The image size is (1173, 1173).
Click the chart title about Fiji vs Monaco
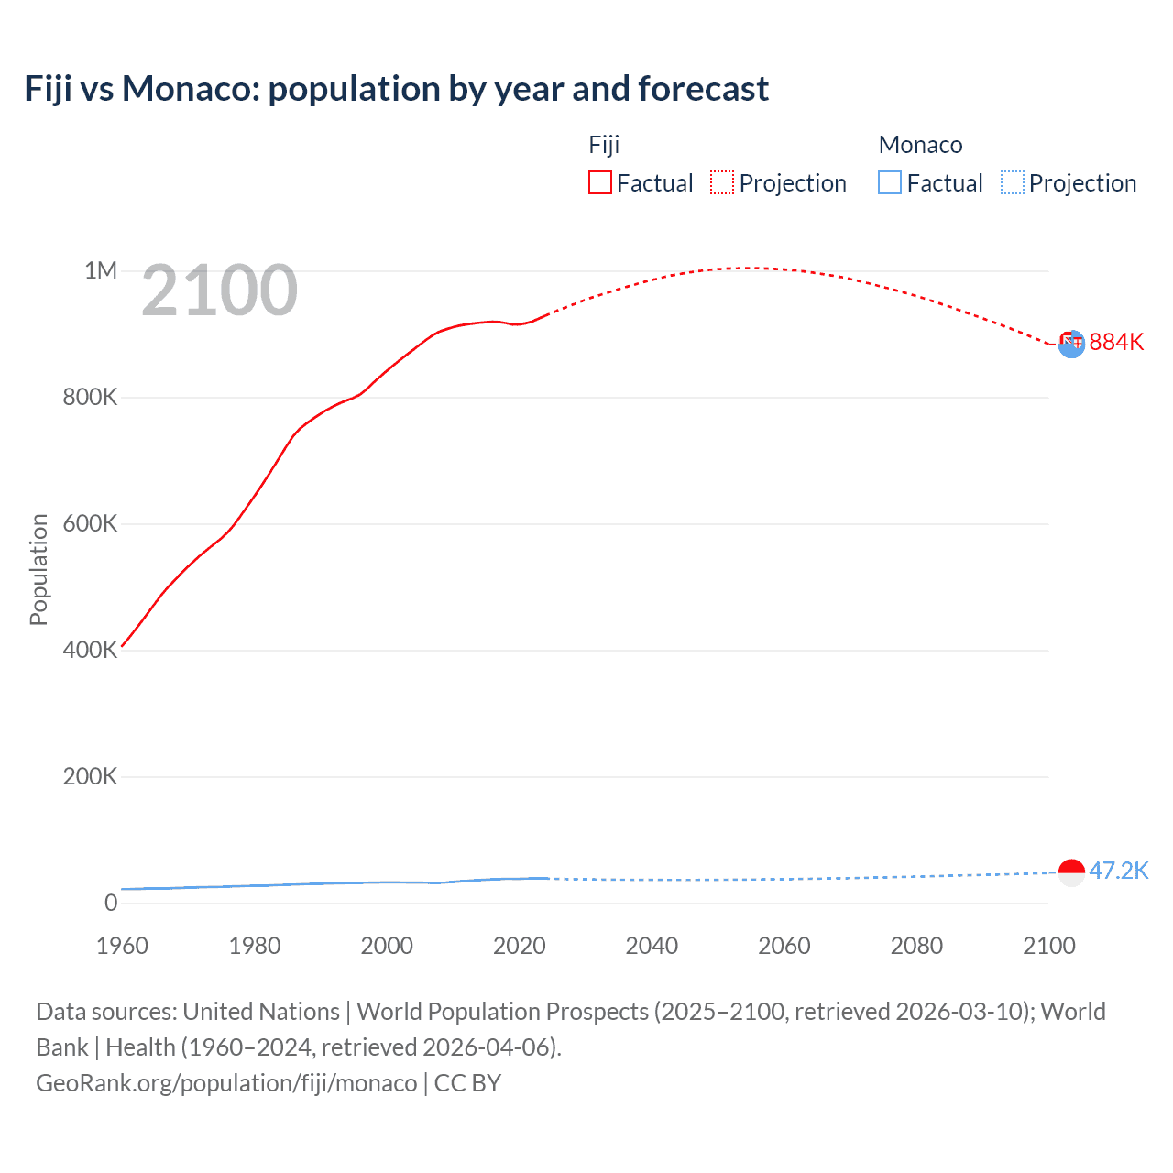pyautogui.click(x=396, y=89)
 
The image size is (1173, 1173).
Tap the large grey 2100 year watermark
pyautogui.click(x=219, y=291)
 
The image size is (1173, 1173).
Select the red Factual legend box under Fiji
pyautogui.click(x=599, y=182)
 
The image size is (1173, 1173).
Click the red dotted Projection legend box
pyautogui.click(x=722, y=182)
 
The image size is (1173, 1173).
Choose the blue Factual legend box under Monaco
pyautogui.click(x=889, y=182)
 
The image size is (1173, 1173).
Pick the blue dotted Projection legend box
pyautogui.click(x=1012, y=182)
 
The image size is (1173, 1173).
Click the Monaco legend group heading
pyautogui.click(x=920, y=145)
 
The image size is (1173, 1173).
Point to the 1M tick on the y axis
pyautogui.click(x=101, y=270)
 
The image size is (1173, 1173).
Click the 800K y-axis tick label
pyautogui.click(x=90, y=397)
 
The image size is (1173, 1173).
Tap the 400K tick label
pyautogui.click(x=90, y=650)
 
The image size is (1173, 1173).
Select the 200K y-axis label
pyautogui.click(x=90, y=776)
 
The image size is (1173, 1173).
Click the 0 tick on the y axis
pyautogui.click(x=111, y=903)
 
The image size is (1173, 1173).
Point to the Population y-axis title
pyautogui.click(x=38, y=569)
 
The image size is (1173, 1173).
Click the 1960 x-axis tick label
pyautogui.click(x=122, y=946)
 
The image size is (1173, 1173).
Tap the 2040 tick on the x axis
pyautogui.click(x=652, y=946)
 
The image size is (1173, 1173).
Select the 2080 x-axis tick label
pyautogui.click(x=916, y=946)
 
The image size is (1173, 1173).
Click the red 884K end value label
pyautogui.click(x=1116, y=342)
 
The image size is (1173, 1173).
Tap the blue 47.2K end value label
pyautogui.click(x=1118, y=871)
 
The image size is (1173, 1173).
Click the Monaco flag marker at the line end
pyautogui.click(x=1071, y=872)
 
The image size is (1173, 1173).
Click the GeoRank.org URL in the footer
pyautogui.click(x=226, y=1083)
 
